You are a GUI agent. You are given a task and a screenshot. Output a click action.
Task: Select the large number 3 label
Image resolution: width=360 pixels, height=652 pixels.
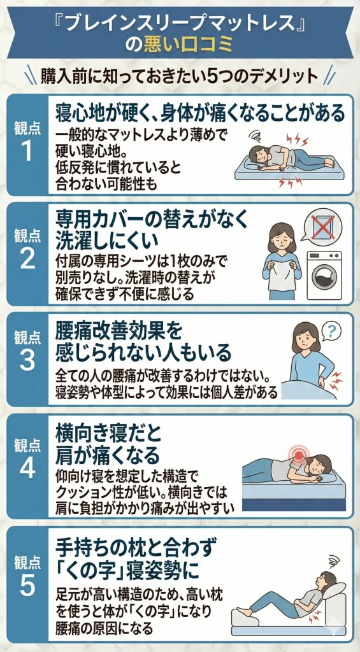pyautogui.click(x=27, y=360)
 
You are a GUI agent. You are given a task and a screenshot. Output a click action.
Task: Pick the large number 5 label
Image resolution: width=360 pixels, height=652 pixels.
pyautogui.click(x=27, y=585)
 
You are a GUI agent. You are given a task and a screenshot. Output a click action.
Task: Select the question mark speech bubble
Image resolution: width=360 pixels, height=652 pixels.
pyautogui.click(x=331, y=330)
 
